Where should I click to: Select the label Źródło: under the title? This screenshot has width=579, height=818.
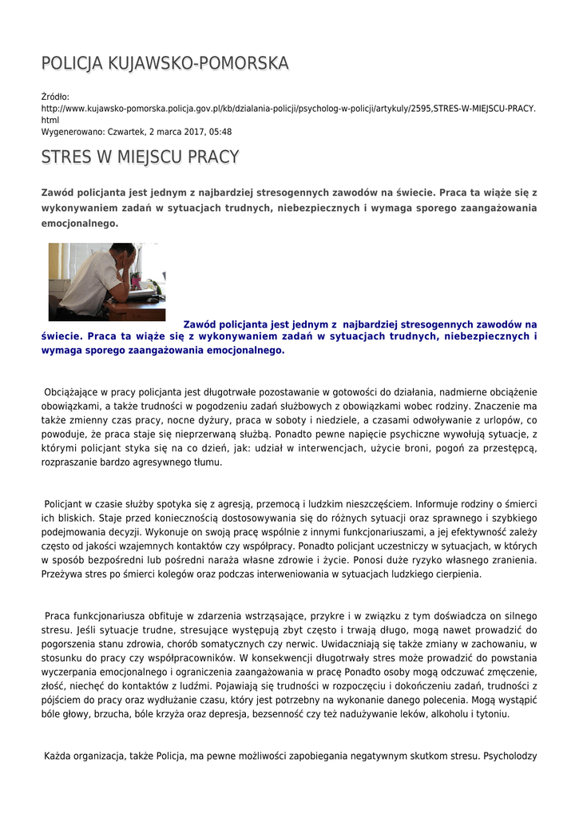pos(55,97)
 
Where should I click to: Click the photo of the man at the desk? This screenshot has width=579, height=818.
pos(107,281)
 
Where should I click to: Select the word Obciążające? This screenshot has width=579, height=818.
pos(72,392)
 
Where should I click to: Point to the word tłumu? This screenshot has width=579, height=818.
pos(207,463)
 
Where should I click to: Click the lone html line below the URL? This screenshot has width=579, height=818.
pos(50,120)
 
